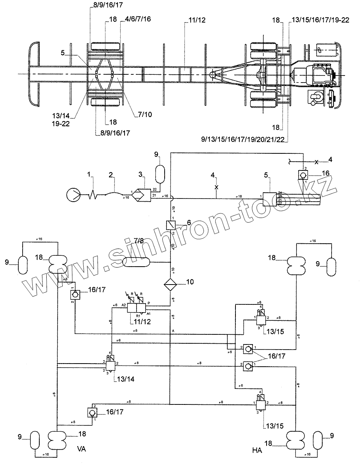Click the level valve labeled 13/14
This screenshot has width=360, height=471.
[111, 365]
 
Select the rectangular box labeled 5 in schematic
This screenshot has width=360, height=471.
[269, 198]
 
